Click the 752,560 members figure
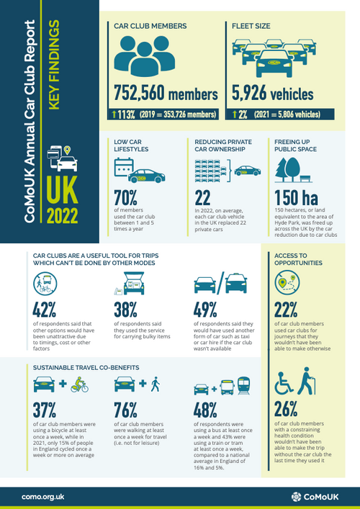click(166, 94)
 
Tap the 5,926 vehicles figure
click(272, 94)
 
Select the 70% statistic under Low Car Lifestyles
click(127, 200)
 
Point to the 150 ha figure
click(297, 199)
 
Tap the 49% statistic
click(210, 309)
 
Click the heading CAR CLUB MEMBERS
click(150, 26)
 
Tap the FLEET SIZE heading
click(251, 26)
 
